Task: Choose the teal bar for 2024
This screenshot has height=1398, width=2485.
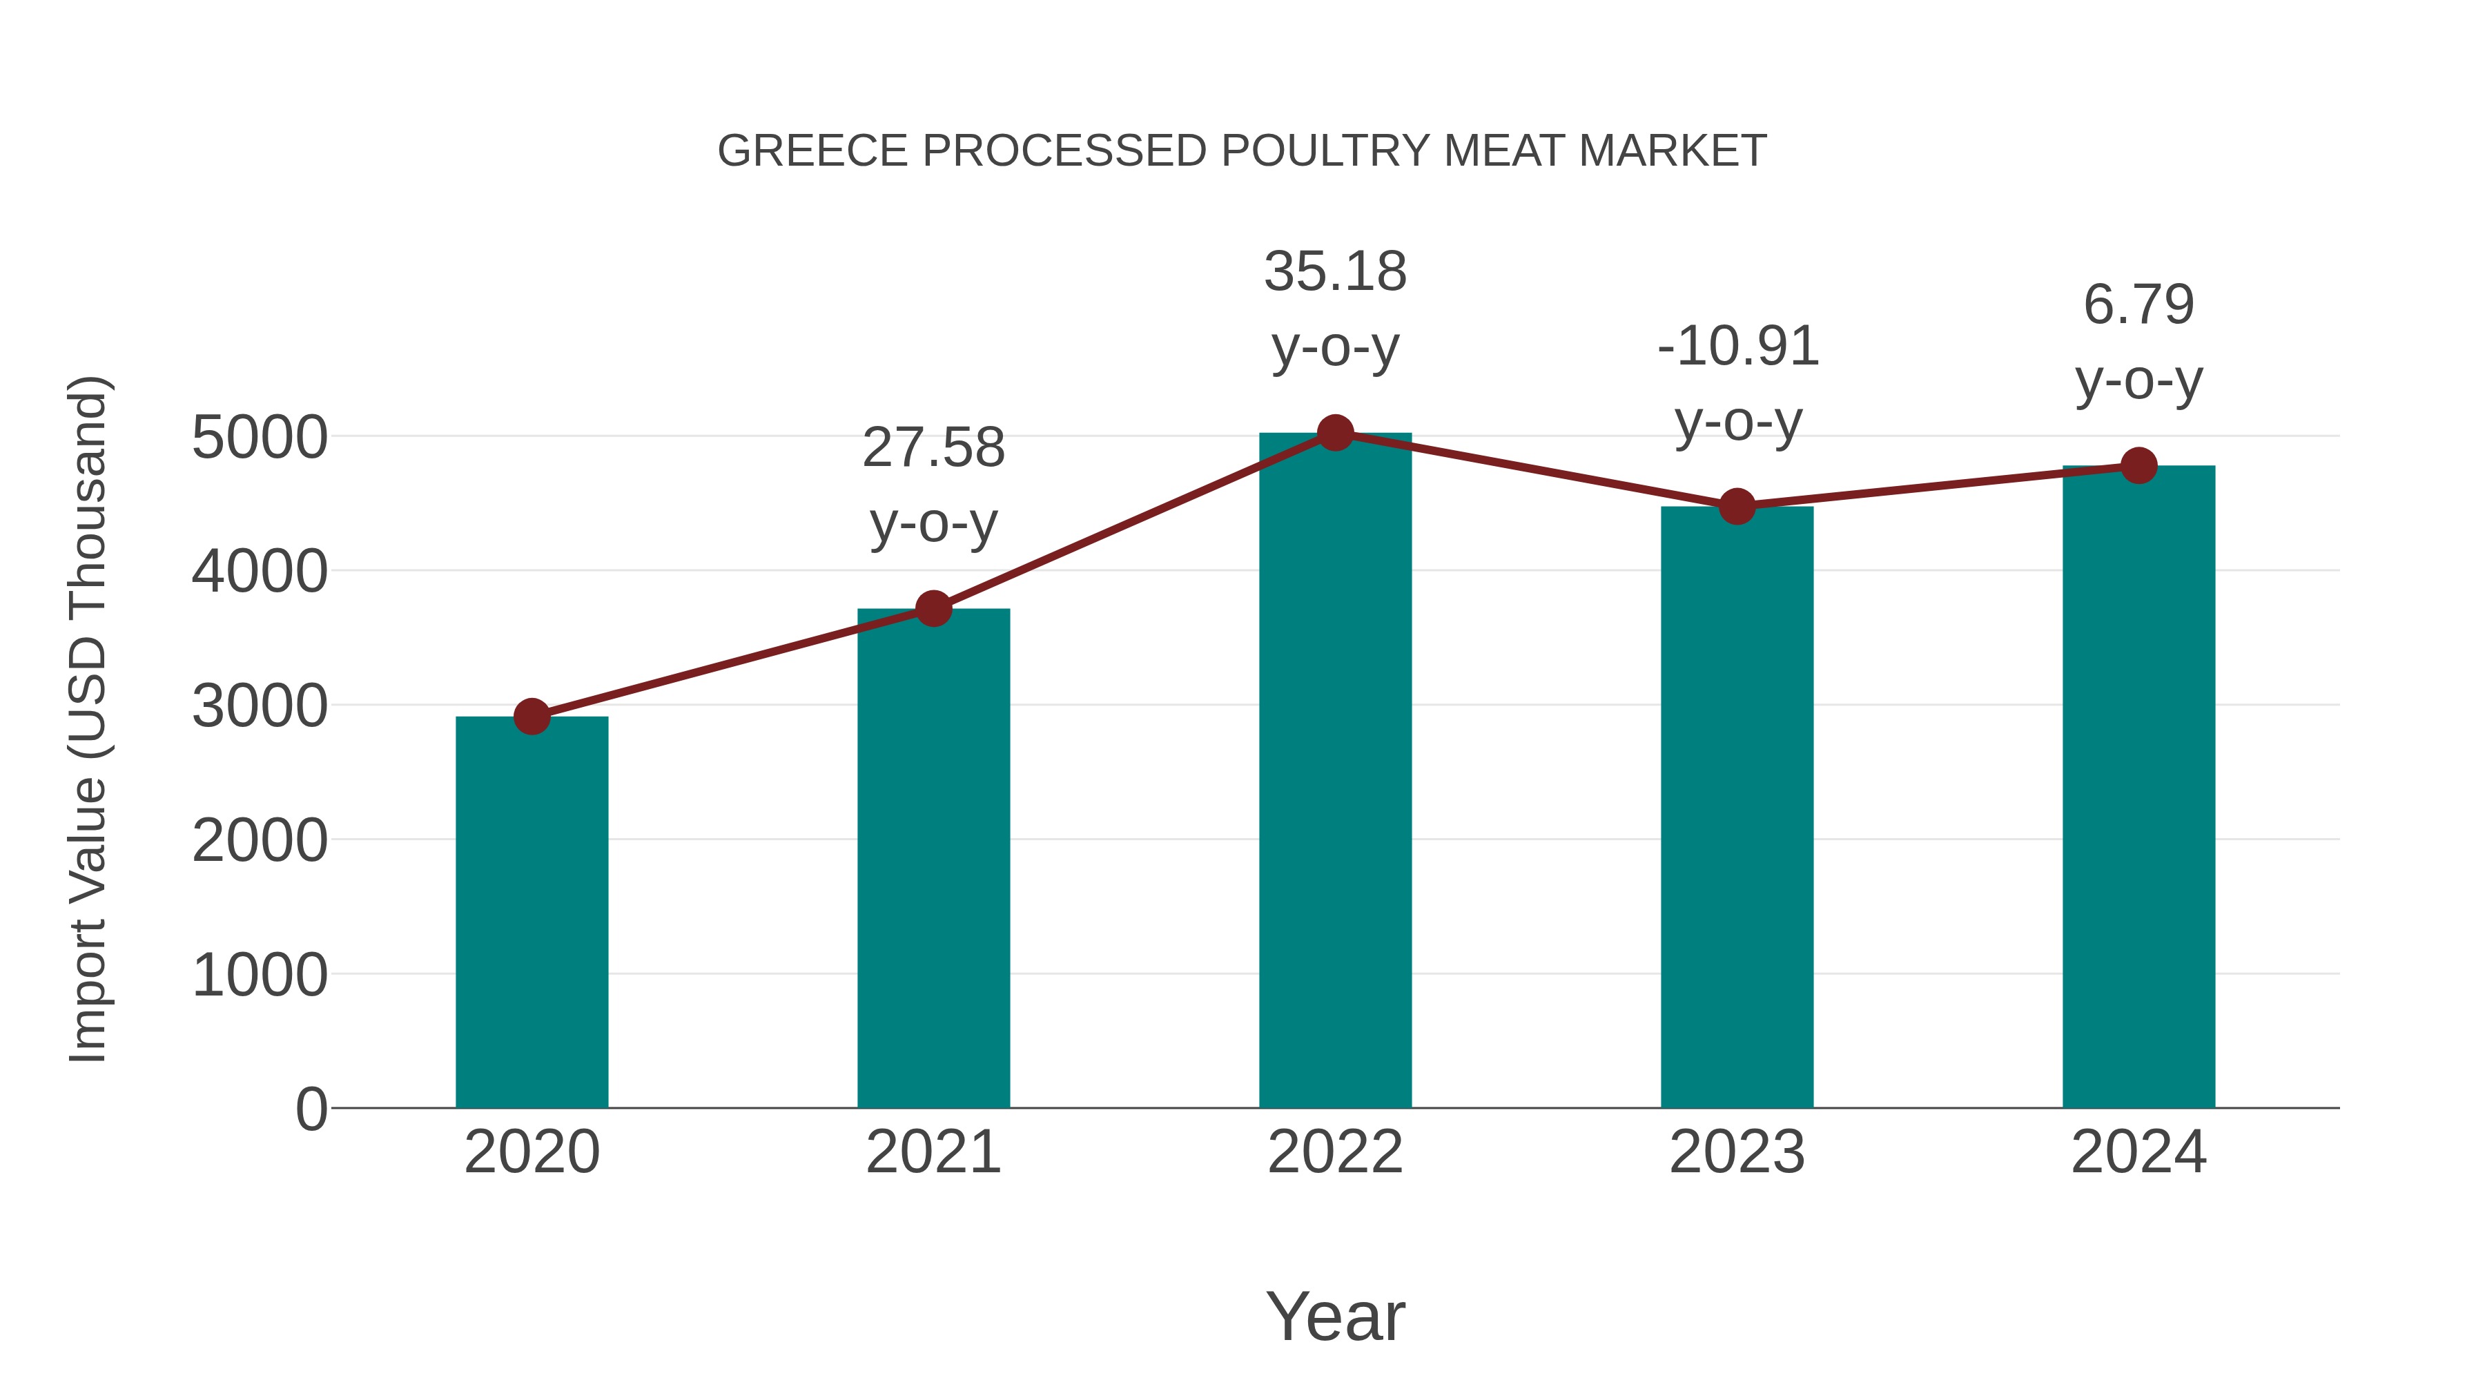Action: click(x=2138, y=786)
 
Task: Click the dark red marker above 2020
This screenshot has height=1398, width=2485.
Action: click(x=532, y=717)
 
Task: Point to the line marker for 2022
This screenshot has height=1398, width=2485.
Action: click(x=1335, y=433)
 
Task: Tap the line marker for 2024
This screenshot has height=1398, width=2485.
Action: click(x=2138, y=466)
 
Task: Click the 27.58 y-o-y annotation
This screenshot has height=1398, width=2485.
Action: click(x=933, y=485)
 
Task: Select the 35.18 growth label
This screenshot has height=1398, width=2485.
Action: click(x=1335, y=308)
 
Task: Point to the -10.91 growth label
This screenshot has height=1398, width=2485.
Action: click(x=1737, y=383)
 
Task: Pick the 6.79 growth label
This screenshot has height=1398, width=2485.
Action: click(x=2138, y=342)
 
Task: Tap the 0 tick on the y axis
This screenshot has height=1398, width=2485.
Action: click(x=311, y=1109)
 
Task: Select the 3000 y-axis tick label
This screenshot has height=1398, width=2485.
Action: click(x=260, y=706)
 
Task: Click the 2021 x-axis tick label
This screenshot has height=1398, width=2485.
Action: click(x=933, y=1152)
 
